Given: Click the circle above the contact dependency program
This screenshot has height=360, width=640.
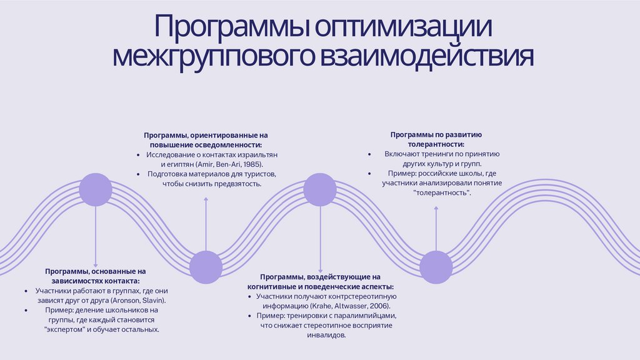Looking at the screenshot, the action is (x=96, y=189).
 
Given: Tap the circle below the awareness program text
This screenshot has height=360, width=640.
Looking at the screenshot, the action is (x=206, y=267).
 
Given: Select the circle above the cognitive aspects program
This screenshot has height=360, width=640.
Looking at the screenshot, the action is (x=320, y=189).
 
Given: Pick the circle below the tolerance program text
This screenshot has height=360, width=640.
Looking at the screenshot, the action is (x=436, y=267).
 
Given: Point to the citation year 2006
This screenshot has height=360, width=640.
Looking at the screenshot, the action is (x=379, y=306).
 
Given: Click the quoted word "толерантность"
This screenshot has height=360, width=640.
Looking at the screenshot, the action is (x=442, y=192).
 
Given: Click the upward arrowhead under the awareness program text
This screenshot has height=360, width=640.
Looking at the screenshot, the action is (x=206, y=199).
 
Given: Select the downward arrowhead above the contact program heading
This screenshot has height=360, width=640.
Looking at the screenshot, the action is (x=96, y=266).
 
